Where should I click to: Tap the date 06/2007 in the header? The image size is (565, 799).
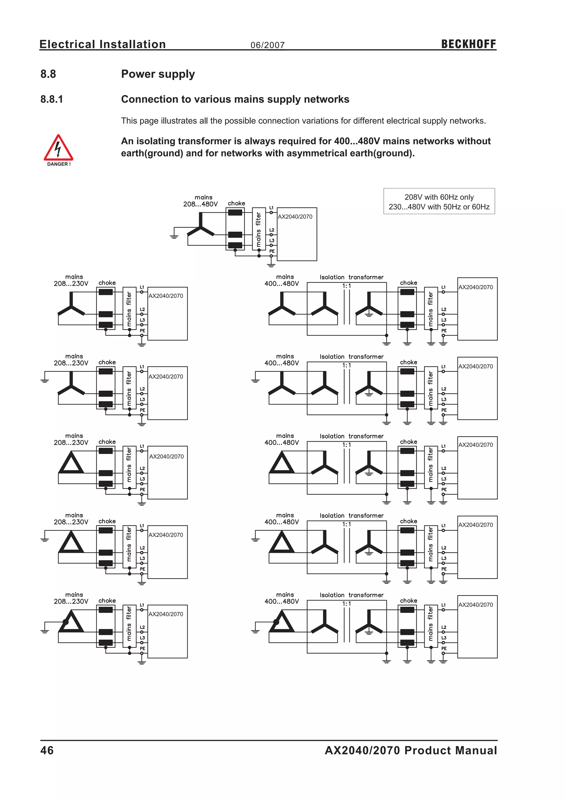click(268, 45)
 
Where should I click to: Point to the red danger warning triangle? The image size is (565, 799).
click(58, 148)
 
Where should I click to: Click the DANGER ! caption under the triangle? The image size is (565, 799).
click(59, 164)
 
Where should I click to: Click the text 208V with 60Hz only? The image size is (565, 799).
click(439, 197)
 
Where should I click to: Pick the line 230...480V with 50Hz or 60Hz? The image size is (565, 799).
click(439, 207)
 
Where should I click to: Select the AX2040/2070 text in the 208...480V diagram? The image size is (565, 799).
click(295, 217)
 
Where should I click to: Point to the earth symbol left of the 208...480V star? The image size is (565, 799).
click(174, 236)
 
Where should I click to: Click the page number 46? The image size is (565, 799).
click(47, 750)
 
